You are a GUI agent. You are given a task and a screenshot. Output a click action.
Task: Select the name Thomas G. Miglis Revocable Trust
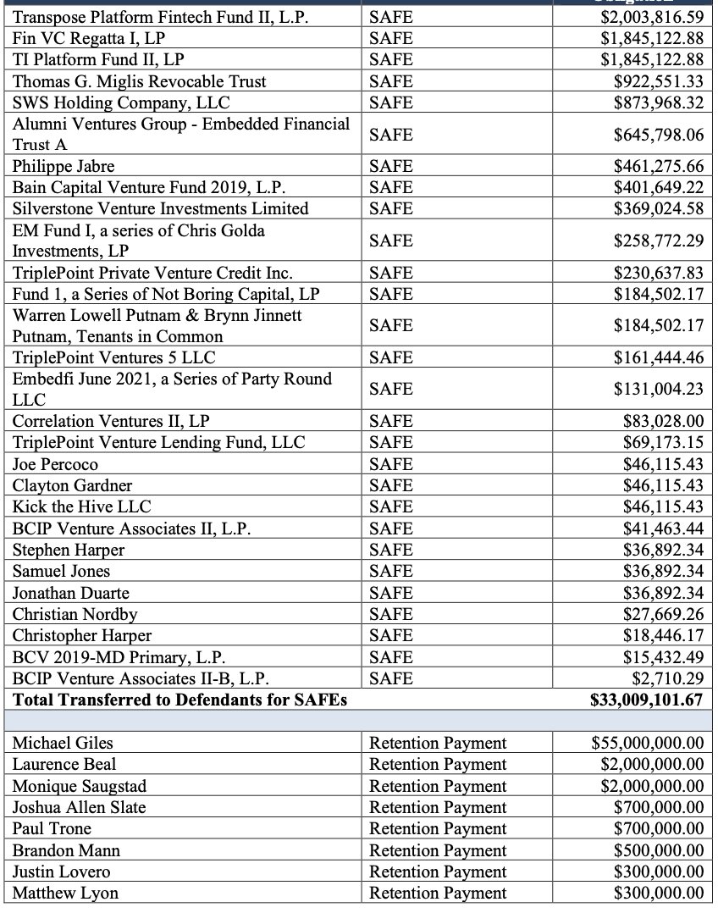(x=139, y=81)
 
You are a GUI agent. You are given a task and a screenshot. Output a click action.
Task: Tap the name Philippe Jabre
(x=64, y=166)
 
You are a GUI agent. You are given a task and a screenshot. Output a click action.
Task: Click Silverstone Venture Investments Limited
(x=160, y=208)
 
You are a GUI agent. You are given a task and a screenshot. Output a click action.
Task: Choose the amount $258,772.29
(x=658, y=241)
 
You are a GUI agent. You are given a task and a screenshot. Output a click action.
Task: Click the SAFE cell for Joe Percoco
(x=390, y=464)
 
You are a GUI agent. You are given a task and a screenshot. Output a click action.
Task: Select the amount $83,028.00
(x=663, y=421)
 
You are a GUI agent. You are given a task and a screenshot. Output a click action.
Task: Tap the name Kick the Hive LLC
(x=81, y=506)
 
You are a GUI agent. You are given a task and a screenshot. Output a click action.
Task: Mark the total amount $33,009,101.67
(x=646, y=700)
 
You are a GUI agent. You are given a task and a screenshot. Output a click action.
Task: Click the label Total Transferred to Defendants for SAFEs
(x=179, y=700)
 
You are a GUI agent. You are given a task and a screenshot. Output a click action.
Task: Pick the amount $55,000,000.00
(x=647, y=743)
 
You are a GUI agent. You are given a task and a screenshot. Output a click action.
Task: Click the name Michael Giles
(x=63, y=743)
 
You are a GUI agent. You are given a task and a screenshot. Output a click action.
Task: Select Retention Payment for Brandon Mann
(x=438, y=850)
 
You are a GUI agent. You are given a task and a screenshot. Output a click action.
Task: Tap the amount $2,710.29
(x=667, y=678)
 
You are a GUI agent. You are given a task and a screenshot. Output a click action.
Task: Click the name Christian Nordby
(x=75, y=614)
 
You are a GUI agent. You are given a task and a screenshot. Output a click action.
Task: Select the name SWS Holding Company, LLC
(x=121, y=102)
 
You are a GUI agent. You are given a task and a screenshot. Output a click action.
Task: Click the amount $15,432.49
(x=663, y=657)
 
